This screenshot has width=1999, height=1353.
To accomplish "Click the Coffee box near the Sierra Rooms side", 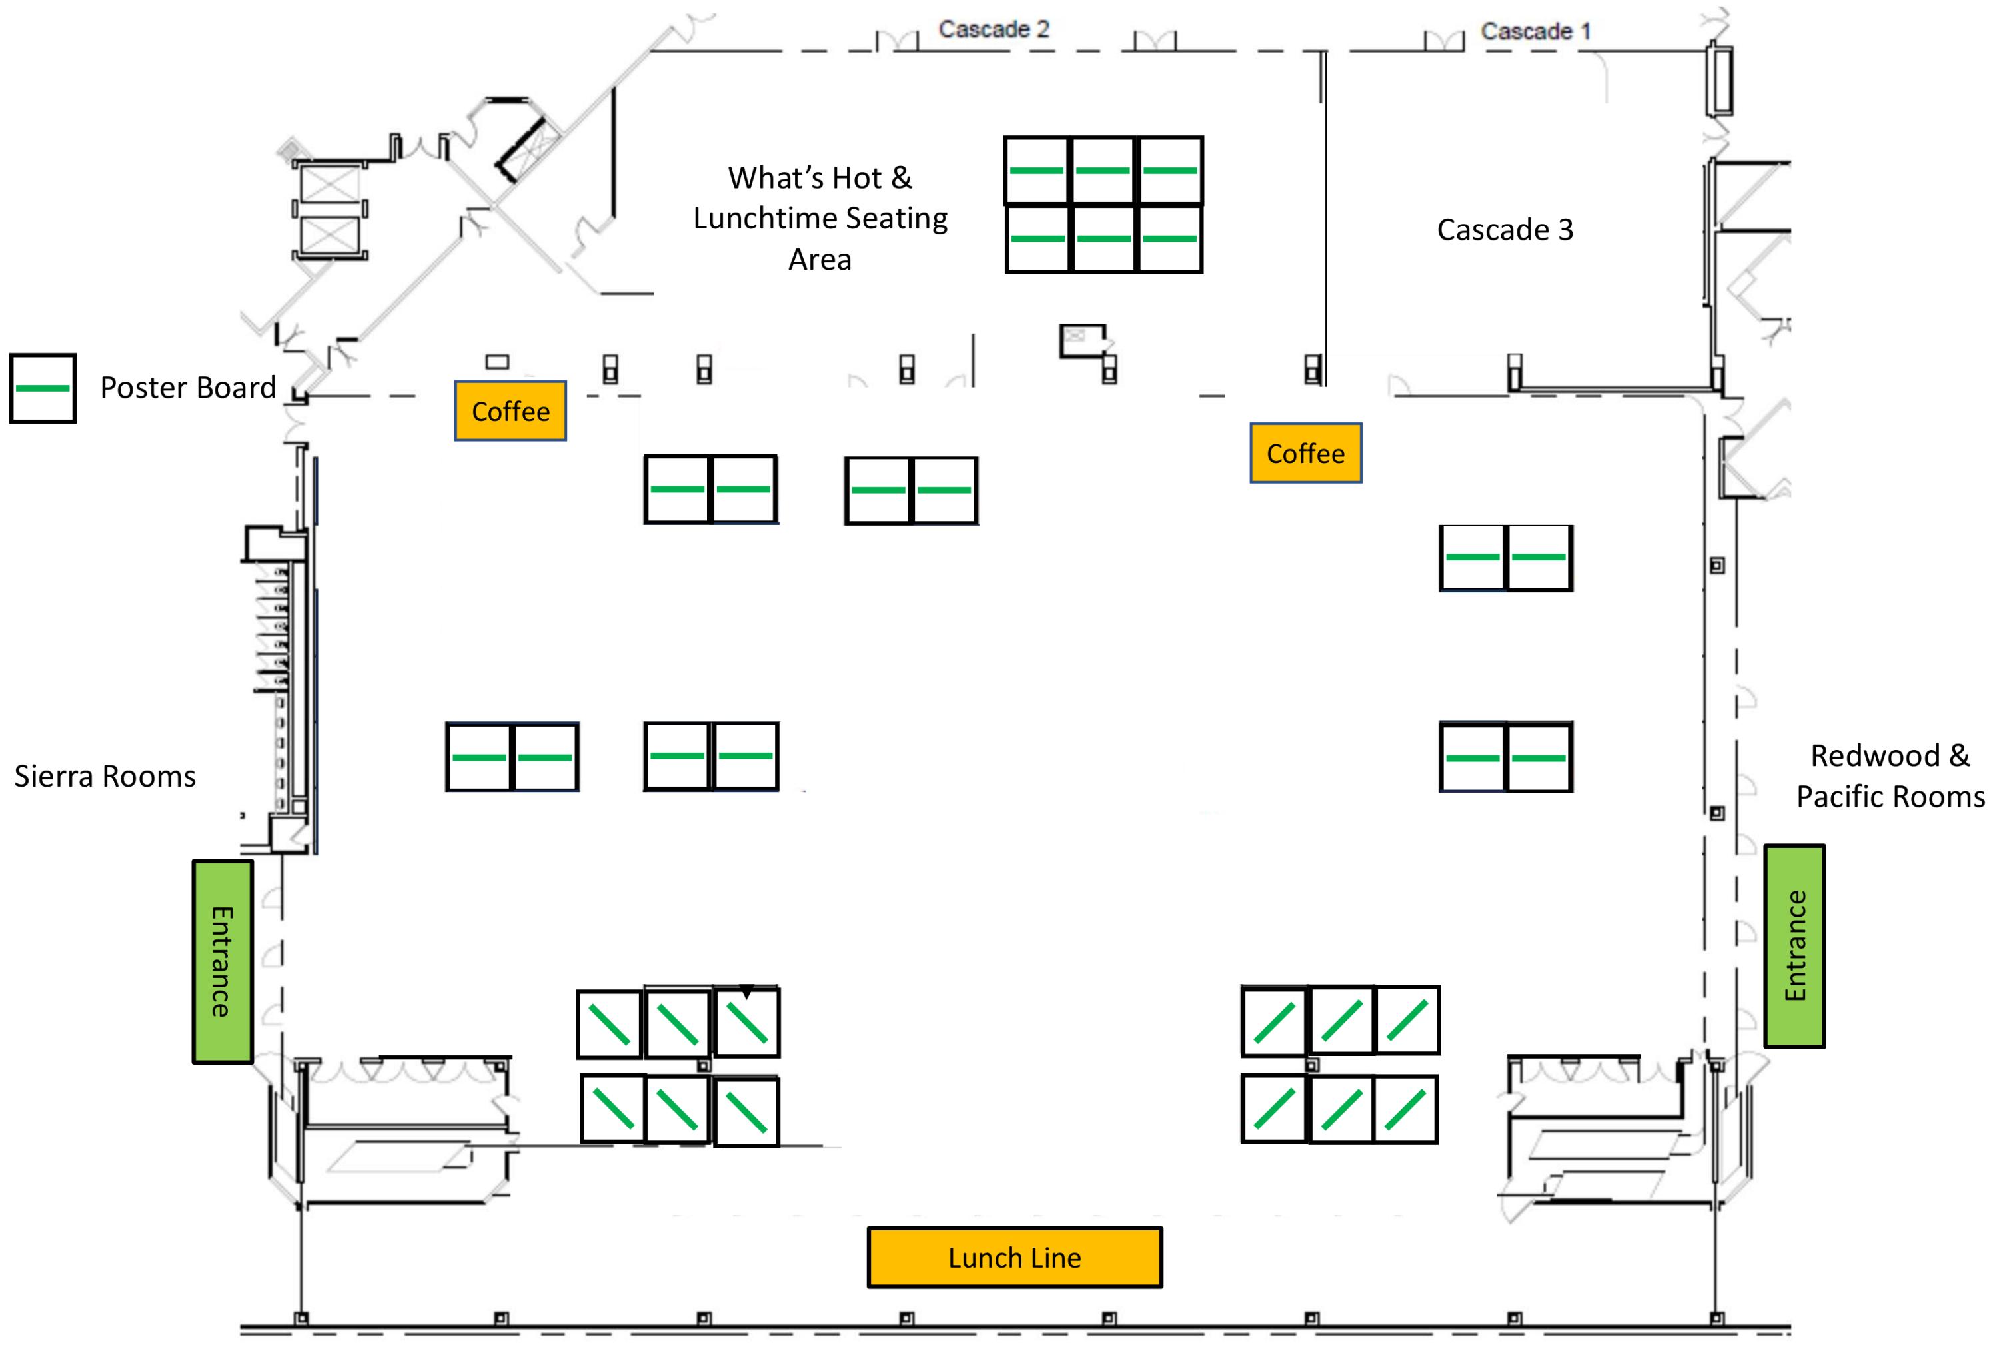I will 510,411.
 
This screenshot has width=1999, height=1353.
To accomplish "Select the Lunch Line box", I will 1014,1258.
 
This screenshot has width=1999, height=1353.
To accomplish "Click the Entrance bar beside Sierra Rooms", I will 222,962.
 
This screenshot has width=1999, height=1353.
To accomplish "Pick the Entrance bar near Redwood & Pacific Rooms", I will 1794,946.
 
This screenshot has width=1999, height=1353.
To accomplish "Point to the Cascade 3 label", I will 1505,230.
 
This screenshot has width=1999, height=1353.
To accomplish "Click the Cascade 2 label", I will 994,29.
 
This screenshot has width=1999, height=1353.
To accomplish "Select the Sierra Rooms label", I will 105,777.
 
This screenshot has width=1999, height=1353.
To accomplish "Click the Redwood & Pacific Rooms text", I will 1890,777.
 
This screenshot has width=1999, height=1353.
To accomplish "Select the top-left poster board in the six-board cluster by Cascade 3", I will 1037,171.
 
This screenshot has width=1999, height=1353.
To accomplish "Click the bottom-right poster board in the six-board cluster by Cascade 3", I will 1170,238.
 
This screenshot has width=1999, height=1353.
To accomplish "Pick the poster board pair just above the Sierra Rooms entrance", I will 512,757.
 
